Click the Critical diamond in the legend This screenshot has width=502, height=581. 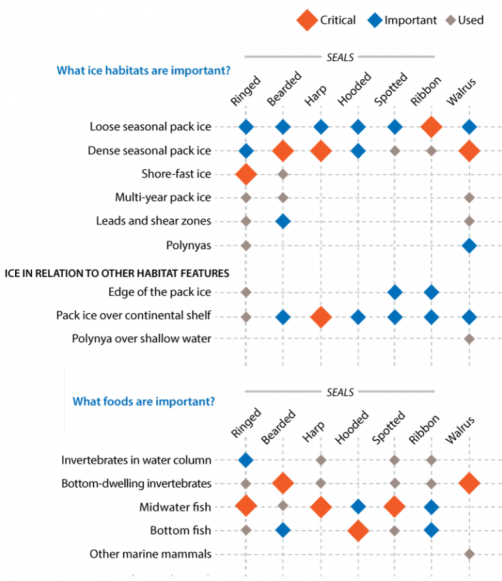pyautogui.click(x=307, y=20)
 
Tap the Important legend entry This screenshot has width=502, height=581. pyautogui.click(x=375, y=20)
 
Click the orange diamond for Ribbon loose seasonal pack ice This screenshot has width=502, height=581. pyautogui.click(x=431, y=127)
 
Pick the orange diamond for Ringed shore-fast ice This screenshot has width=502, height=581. pyautogui.click(x=246, y=174)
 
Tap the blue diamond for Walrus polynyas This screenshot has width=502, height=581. pyautogui.click(x=469, y=245)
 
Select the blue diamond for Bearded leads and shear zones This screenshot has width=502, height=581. pyautogui.click(x=282, y=221)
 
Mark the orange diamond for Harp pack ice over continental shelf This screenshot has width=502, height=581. pyautogui.click(x=320, y=317)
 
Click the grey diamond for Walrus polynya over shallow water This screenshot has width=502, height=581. pyautogui.click(x=469, y=339)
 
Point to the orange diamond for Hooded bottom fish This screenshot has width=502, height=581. pyautogui.click(x=358, y=531)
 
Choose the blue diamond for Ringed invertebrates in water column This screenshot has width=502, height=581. pyautogui.click(x=246, y=460)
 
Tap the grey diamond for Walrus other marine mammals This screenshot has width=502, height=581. pyautogui.click(x=469, y=554)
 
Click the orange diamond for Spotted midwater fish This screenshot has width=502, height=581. pyautogui.click(x=394, y=507)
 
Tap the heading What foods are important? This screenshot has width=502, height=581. pyautogui.click(x=143, y=401)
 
